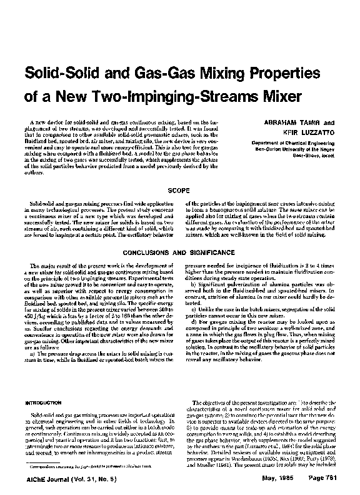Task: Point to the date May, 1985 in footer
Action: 276,487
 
